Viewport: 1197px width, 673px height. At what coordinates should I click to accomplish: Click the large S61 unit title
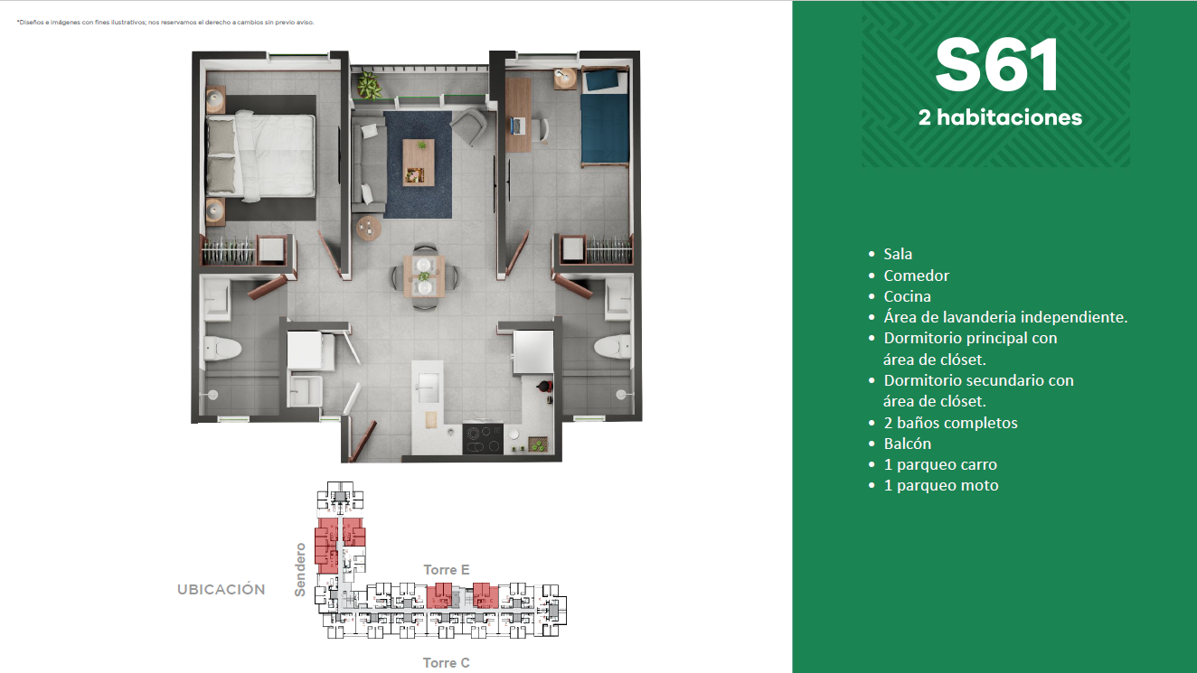point(997,66)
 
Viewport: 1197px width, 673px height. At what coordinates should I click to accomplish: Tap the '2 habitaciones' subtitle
point(1000,117)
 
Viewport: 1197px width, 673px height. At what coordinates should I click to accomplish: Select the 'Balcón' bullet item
point(908,444)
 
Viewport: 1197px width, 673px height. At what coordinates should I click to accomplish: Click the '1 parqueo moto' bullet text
point(941,485)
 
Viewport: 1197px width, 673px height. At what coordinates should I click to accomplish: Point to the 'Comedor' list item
point(917,276)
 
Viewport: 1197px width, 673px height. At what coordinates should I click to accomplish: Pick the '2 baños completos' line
point(951,423)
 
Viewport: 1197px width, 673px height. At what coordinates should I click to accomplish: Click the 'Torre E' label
point(447,570)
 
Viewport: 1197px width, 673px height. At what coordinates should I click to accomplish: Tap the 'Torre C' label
point(447,663)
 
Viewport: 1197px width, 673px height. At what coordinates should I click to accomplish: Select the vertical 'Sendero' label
point(300,570)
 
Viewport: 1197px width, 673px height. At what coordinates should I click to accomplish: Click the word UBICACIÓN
point(221,589)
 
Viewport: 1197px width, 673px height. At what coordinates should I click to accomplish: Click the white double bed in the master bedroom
point(260,156)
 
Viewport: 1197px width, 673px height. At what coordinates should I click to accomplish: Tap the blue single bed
point(605,117)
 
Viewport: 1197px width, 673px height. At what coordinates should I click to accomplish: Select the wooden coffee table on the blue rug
point(419,163)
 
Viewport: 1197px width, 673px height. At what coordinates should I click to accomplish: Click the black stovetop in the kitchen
point(483,439)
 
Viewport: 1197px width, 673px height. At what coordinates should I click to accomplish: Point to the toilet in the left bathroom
point(222,349)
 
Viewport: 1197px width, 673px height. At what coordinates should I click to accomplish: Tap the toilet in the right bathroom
point(612,346)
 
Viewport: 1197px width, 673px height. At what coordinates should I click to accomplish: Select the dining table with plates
point(424,276)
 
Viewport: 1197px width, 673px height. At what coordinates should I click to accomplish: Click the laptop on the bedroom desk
point(518,126)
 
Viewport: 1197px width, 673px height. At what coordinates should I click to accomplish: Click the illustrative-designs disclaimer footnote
point(165,23)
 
